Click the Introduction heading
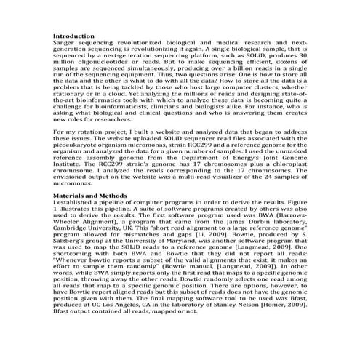(74, 36)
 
